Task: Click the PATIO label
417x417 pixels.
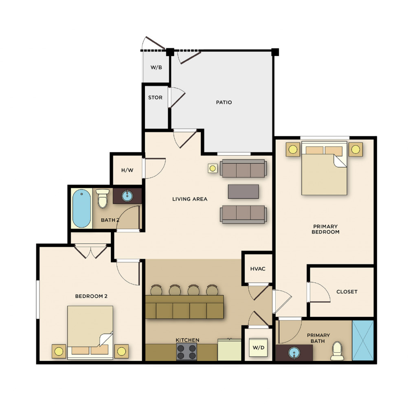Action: [224, 102]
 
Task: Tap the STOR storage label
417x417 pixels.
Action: [155, 98]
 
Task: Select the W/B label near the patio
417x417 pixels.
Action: [156, 67]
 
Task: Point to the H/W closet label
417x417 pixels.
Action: [127, 170]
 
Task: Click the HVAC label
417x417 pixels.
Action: [258, 269]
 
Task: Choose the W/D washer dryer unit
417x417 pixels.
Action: [259, 348]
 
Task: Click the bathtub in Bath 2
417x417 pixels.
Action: [81, 208]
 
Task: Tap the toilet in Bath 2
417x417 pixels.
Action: [102, 198]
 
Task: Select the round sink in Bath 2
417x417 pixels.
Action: [127, 196]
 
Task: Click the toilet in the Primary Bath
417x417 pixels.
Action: [337, 351]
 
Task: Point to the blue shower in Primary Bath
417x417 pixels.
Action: [363, 340]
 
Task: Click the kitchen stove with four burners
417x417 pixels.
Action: [187, 351]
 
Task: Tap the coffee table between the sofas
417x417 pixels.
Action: [244, 191]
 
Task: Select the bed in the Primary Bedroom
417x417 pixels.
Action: [324, 168]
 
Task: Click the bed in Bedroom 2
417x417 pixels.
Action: [90, 332]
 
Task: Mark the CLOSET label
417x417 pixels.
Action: [347, 292]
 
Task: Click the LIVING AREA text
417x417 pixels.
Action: [190, 199]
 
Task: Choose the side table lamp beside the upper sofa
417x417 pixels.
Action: [213, 168]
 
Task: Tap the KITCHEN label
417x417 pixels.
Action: [187, 340]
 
